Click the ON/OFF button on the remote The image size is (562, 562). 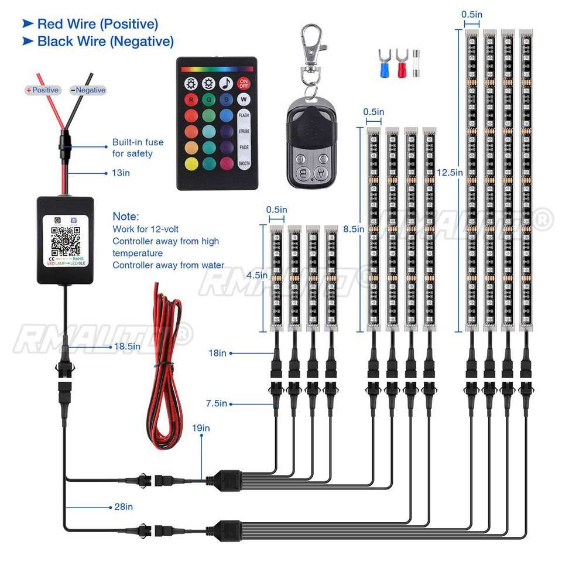point(244,83)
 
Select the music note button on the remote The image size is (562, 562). point(226,83)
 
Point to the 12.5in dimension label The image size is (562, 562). point(450,172)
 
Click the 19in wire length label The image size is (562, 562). point(201,428)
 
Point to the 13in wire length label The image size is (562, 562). point(121,173)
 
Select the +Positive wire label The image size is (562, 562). point(42,90)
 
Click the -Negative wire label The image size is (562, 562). point(88,90)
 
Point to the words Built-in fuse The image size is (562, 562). point(138,142)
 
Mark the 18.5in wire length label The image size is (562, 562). point(128,347)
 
